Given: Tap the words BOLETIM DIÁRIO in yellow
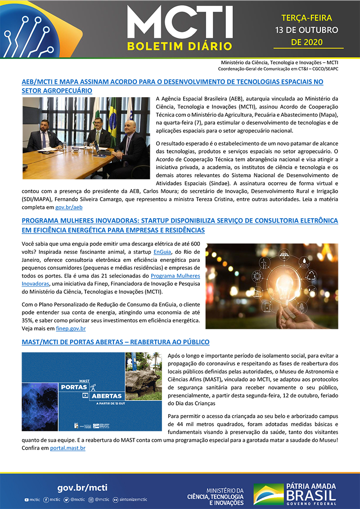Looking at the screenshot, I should pyautogui.click(x=180, y=46).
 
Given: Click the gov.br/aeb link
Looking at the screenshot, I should pyautogui.click(x=68, y=207).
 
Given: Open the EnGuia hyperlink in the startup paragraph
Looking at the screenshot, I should pyautogui.click(x=162, y=252).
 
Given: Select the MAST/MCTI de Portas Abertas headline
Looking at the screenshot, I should pyautogui.click(x=116, y=342).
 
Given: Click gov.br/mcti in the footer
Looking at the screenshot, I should pyautogui.click(x=82, y=488).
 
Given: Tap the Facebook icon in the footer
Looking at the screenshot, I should pyautogui.click(x=46, y=500).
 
